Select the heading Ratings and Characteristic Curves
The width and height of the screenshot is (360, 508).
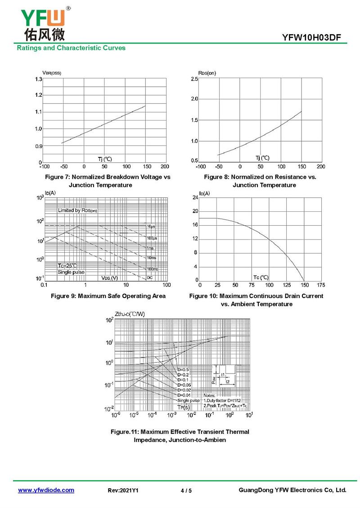[71, 48]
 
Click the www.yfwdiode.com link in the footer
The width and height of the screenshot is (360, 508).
[46, 490]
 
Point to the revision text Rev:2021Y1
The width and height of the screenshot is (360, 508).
[123, 490]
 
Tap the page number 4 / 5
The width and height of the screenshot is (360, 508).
[186, 490]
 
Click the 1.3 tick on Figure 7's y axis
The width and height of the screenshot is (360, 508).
[39, 79]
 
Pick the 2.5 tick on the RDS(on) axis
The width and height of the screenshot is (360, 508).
[194, 79]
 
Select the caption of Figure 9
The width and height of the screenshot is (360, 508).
[108, 296]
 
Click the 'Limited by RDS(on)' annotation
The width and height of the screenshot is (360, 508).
[77, 210]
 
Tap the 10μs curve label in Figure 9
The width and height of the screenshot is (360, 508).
[151, 226]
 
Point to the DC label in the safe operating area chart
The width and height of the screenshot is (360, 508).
[150, 278]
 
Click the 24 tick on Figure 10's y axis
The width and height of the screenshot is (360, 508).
[195, 198]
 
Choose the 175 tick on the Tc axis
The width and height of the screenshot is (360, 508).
[321, 285]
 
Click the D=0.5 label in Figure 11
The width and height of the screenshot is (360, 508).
[183, 370]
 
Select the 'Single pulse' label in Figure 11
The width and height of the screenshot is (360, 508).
[189, 400]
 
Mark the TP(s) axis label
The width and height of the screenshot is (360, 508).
[183, 407]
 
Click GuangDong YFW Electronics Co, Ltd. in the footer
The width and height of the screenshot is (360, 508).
[292, 490]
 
